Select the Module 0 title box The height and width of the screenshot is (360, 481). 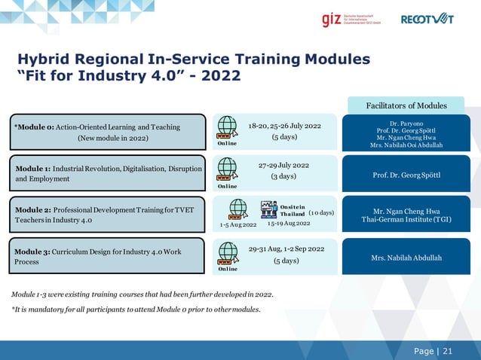coord(108,133)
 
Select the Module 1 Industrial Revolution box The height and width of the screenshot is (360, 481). coord(108,173)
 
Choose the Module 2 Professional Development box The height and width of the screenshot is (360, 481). coord(108,214)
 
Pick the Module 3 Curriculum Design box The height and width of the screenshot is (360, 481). coord(108,255)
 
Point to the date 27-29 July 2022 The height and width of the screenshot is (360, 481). coord(283,164)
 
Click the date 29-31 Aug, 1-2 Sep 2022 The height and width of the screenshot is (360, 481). coord(286,249)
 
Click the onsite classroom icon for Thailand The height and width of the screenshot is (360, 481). coord(271,209)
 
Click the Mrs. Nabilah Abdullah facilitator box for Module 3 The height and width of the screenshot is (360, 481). coord(406,258)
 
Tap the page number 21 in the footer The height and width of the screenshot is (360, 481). coord(448,351)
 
